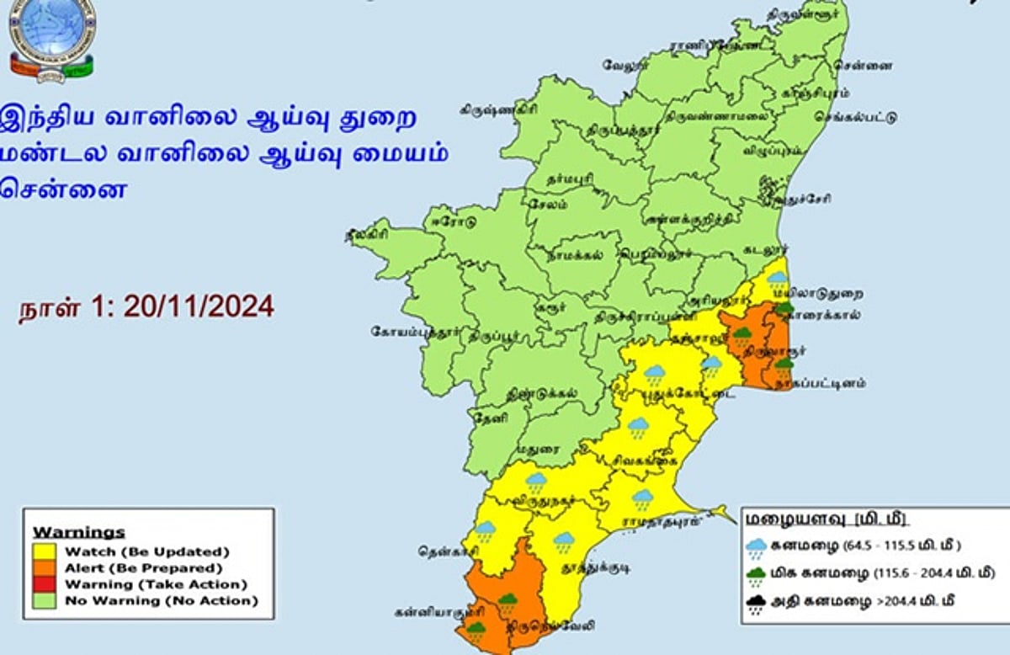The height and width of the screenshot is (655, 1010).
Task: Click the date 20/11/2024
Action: click(199, 306)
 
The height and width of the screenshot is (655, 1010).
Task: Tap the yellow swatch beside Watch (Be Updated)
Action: click(45, 551)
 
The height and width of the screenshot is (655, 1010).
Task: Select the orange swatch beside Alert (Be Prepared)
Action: click(45, 567)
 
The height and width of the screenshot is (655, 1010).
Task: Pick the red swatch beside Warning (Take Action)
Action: click(45, 583)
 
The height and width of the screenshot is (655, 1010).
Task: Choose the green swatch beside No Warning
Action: click(45, 600)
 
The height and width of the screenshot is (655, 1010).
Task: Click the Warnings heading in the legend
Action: click(78, 532)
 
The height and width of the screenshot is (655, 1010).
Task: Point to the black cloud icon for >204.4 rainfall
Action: click(757, 604)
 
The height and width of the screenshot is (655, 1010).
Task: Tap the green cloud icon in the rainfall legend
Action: click(757, 575)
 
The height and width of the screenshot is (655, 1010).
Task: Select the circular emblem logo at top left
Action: click(52, 39)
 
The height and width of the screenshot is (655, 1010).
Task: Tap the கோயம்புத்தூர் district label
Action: click(415, 332)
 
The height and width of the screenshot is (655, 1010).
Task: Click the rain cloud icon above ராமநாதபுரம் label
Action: click(643, 498)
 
